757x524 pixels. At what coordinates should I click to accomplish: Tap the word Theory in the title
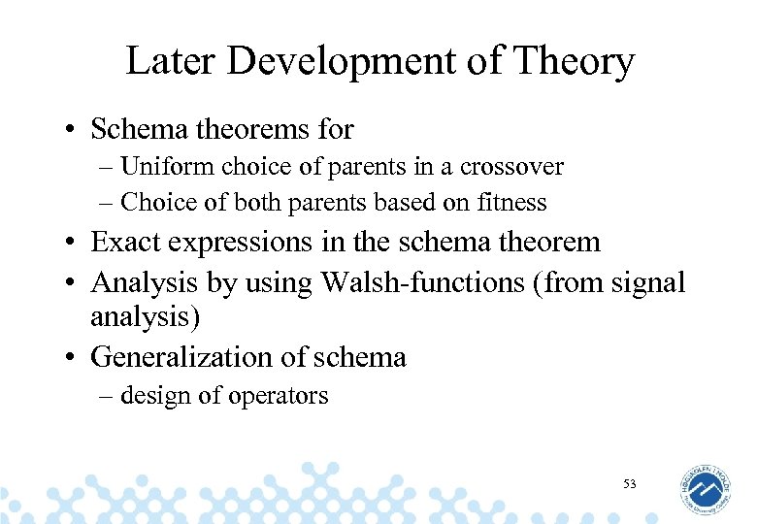(x=576, y=62)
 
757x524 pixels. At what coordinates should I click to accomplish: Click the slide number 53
(x=630, y=482)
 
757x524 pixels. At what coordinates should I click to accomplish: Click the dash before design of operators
(x=106, y=396)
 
